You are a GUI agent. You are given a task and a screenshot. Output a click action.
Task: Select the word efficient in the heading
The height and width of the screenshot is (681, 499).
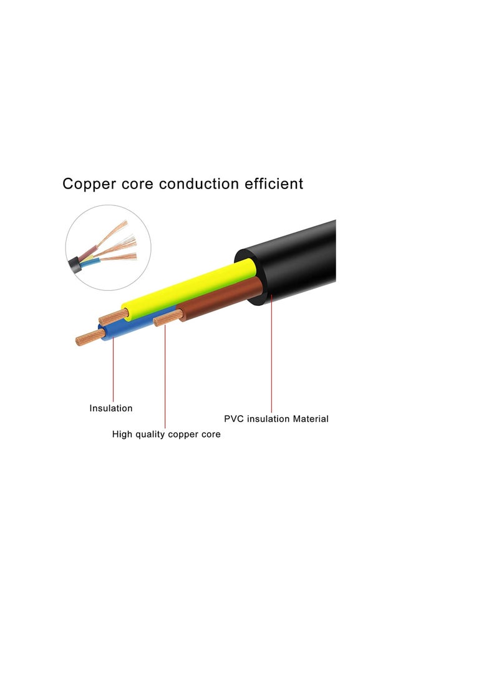(x=275, y=184)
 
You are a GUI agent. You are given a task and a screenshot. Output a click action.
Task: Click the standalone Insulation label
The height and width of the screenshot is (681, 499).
(x=111, y=408)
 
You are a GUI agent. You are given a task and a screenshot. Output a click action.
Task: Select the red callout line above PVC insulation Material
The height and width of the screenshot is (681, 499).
(x=272, y=356)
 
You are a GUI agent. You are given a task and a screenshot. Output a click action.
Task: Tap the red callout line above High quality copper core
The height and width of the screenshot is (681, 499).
(x=165, y=375)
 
